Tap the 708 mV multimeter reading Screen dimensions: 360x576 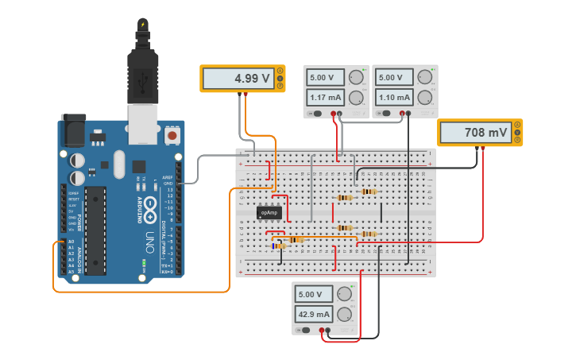(475, 133)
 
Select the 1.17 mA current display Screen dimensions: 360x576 (325, 98)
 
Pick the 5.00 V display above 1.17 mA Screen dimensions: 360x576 (325, 78)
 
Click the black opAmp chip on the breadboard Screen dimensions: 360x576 (270, 212)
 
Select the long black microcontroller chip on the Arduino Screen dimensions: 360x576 (96, 230)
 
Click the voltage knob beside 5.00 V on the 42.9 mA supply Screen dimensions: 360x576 (345, 294)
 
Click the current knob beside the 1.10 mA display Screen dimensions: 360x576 (424, 98)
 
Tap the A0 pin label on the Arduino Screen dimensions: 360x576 (71, 241)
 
